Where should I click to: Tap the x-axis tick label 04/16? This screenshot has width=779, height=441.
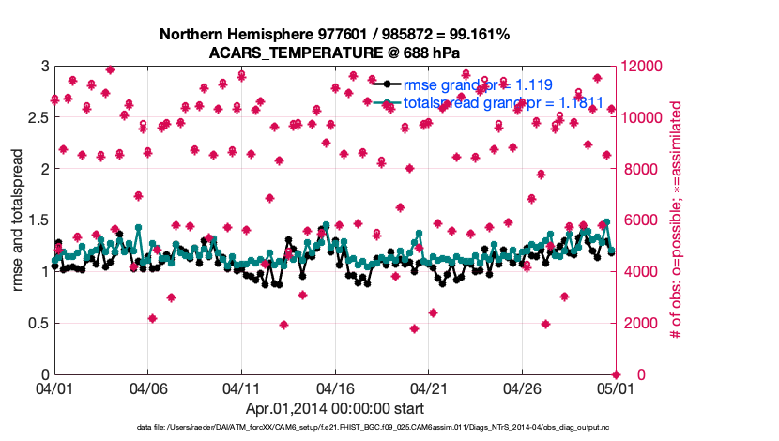point(334,388)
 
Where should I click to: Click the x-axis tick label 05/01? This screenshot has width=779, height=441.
point(614,388)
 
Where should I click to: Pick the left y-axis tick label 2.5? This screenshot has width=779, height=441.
point(37,117)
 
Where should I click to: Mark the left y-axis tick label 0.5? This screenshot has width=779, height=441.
point(37,323)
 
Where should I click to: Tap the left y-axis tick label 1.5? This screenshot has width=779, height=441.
point(37,220)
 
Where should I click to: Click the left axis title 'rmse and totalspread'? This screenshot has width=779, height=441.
point(17,220)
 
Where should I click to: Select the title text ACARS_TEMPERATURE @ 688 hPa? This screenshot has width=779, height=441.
point(335,53)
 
